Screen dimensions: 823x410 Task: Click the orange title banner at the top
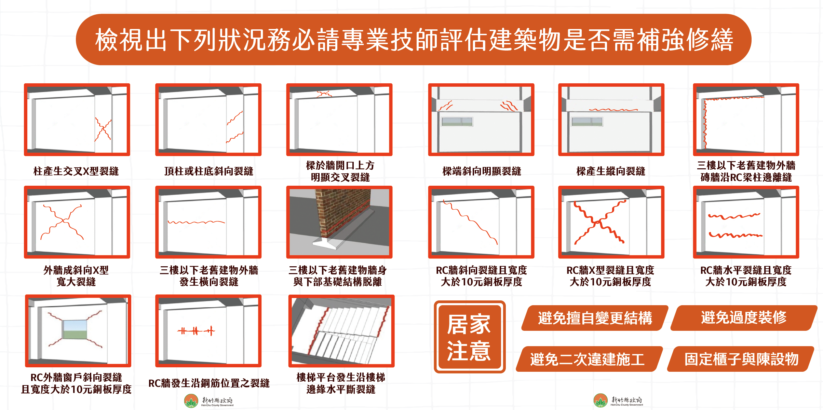pyautogui.click(x=413, y=40)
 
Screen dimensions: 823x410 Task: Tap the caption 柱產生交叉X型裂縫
pyautogui.click(x=76, y=171)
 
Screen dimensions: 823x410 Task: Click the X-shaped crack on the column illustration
pyautogui.click(x=103, y=130)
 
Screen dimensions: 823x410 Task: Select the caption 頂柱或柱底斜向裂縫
pyautogui.click(x=208, y=171)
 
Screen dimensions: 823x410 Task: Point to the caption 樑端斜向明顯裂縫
pyautogui.click(x=482, y=171)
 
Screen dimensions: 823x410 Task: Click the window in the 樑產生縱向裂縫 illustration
pyautogui.click(x=587, y=122)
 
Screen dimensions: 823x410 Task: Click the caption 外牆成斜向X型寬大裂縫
pyautogui.click(x=76, y=276)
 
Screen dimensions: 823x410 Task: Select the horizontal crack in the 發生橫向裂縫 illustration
pyautogui.click(x=196, y=222)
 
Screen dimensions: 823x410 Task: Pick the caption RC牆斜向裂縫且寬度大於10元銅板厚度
pyautogui.click(x=482, y=276)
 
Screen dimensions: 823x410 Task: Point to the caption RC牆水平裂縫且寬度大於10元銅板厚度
pyautogui.click(x=746, y=276)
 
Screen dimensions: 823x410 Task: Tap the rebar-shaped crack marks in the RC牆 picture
pyautogui.click(x=196, y=330)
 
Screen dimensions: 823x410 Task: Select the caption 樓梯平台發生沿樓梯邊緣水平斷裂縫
pyautogui.click(x=341, y=383)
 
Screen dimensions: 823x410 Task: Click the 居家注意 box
pyautogui.click(x=470, y=337)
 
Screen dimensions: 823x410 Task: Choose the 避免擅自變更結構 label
pyautogui.click(x=595, y=318)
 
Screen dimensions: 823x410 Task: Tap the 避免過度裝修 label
pyautogui.click(x=744, y=318)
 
